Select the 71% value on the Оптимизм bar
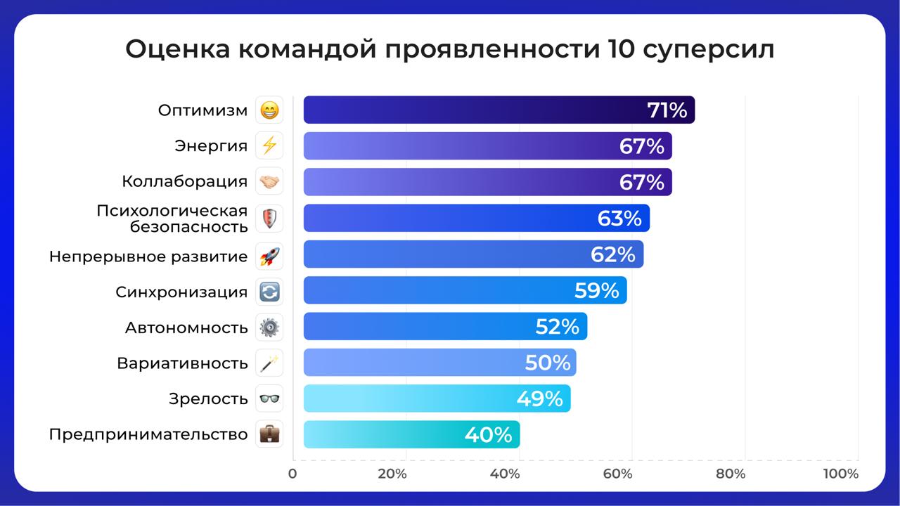pyautogui.click(x=667, y=110)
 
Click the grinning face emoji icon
pyautogui.click(x=269, y=110)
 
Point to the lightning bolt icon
pyautogui.click(x=269, y=146)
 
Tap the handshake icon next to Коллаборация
pyautogui.click(x=269, y=182)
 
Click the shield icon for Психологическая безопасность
pyautogui.click(x=269, y=219)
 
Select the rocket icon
pyautogui.click(x=269, y=256)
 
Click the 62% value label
pyautogui.click(x=613, y=254)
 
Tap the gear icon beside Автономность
pyautogui.click(x=269, y=327)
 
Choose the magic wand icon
pyautogui.click(x=269, y=363)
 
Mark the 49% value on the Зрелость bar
pyautogui.click(x=539, y=399)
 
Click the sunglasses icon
pyautogui.click(x=269, y=399)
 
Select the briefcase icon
pyautogui.click(x=269, y=434)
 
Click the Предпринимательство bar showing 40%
pyautogui.click(x=411, y=435)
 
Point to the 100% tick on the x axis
pyautogui.click(x=841, y=474)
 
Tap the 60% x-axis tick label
pyautogui.click(x=617, y=474)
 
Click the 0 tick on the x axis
pyautogui.click(x=292, y=474)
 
